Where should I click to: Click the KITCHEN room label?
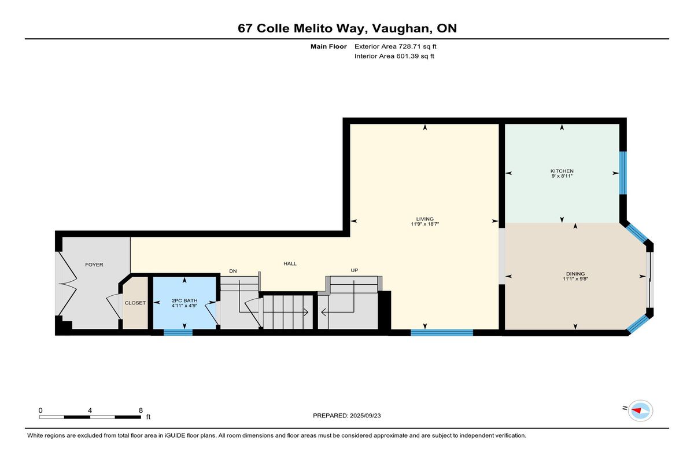[x=562, y=171]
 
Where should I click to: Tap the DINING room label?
[x=575, y=274]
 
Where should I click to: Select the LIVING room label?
[x=424, y=219]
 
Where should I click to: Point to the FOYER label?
[x=94, y=265]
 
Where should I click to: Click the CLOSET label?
[x=135, y=303]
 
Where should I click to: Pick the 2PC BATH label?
[x=184, y=300]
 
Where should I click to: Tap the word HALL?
[x=290, y=263]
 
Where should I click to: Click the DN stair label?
[x=233, y=271]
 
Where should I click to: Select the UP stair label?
[x=355, y=270]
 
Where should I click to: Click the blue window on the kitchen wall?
[x=623, y=173]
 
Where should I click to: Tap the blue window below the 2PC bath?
[x=178, y=332]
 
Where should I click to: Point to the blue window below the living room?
[x=442, y=332]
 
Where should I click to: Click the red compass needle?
[x=636, y=410]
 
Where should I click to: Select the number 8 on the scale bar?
[x=141, y=410]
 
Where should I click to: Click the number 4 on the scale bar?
[x=90, y=410]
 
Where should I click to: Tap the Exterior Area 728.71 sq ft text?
[x=396, y=46]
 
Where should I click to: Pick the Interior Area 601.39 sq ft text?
[x=394, y=56]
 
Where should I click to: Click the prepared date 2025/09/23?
[x=366, y=416]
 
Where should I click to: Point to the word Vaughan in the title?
[x=401, y=28]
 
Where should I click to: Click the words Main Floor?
[x=328, y=46]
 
